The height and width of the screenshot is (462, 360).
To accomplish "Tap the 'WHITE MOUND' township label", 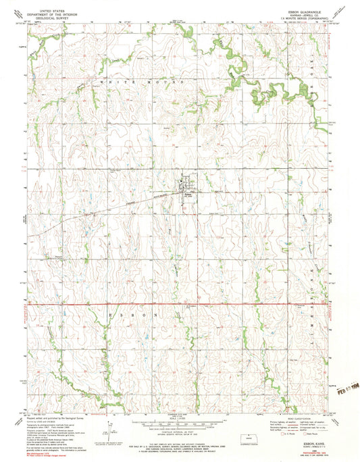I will [126, 81].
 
